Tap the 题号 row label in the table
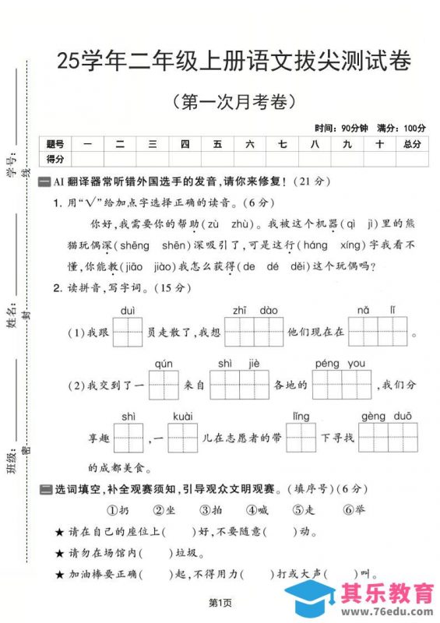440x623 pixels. click(x=55, y=144)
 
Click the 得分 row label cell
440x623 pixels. click(x=55, y=159)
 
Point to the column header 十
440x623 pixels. click(x=379, y=144)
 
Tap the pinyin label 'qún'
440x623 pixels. click(x=164, y=364)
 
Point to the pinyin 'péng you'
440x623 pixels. click(x=340, y=364)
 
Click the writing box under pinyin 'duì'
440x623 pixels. click(x=128, y=332)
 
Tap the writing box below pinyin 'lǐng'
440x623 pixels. click(x=301, y=438)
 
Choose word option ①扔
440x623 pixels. click(x=118, y=510)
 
